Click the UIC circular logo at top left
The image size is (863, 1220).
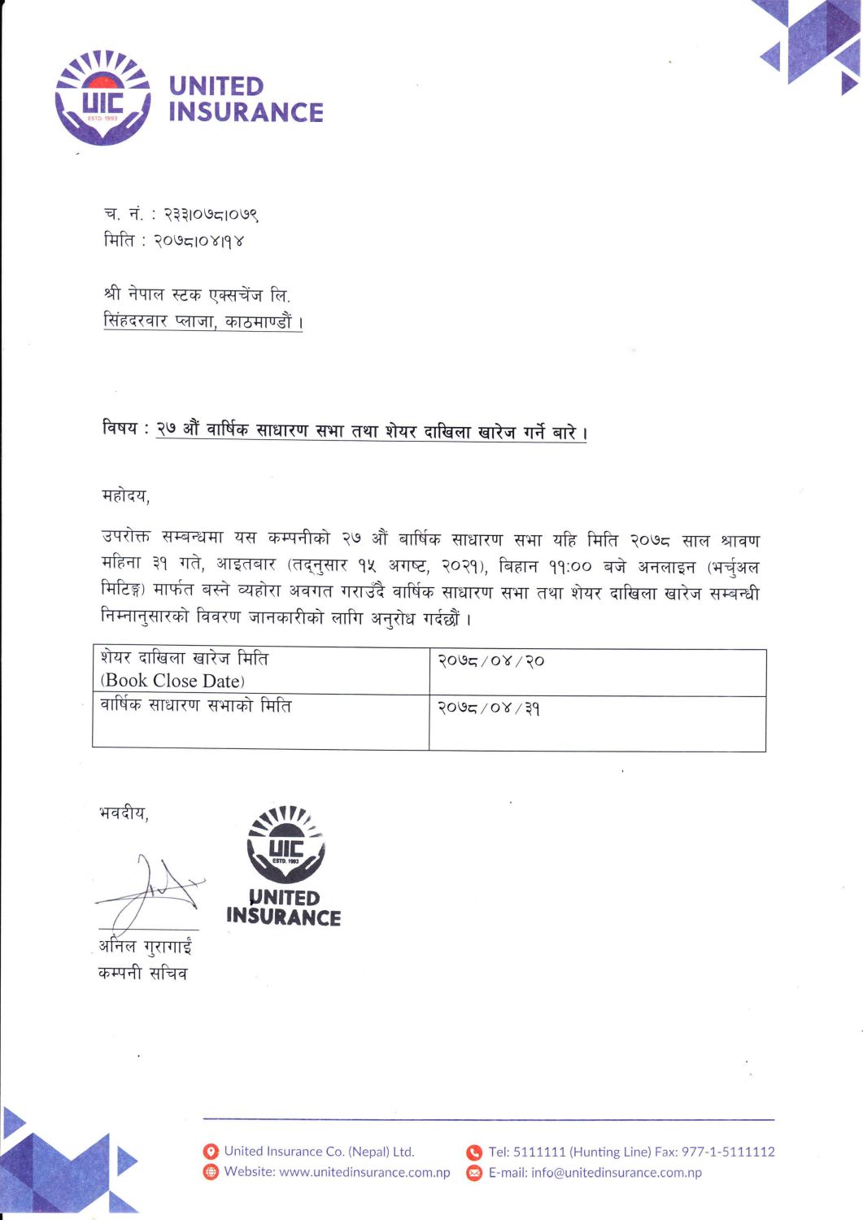click(x=102, y=98)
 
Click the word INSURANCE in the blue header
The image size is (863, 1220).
click(x=246, y=112)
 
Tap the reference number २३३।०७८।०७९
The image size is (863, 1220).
click(x=211, y=215)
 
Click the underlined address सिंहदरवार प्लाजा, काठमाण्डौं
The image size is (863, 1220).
click(x=203, y=321)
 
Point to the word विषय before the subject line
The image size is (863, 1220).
click(x=120, y=429)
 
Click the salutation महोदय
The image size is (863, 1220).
click(x=125, y=495)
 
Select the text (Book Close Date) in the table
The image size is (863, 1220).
click(x=172, y=681)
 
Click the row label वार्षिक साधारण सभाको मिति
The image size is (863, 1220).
click(x=195, y=706)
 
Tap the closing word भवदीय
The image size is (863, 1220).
click(x=124, y=813)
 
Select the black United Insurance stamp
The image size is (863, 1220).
click(x=285, y=866)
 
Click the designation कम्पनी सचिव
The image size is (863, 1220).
click(x=143, y=973)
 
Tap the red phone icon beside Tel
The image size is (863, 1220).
click(x=474, y=1152)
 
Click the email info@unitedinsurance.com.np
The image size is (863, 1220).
click(x=616, y=1172)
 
